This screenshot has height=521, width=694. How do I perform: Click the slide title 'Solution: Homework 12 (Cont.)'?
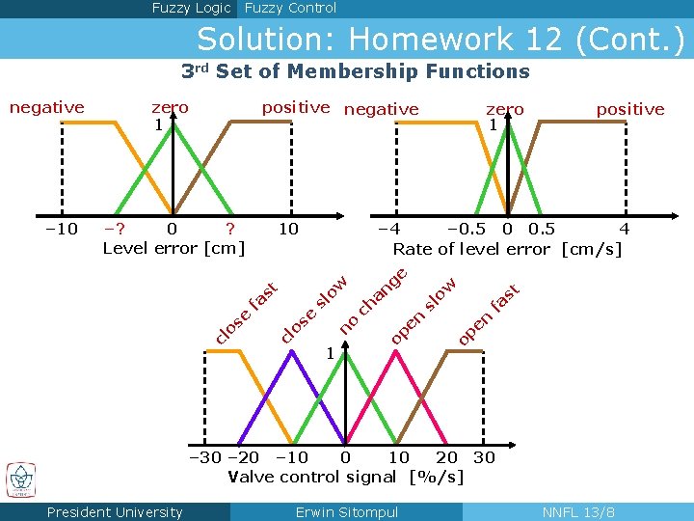[x=440, y=40]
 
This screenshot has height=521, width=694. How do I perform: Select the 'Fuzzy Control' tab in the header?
[x=290, y=9]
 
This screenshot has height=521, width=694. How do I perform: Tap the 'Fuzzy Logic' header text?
[x=191, y=9]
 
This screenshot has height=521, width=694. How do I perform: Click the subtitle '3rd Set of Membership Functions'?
[x=356, y=71]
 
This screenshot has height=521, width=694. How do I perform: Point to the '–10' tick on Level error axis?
[x=61, y=229]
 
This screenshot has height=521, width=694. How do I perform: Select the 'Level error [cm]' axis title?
[x=173, y=248]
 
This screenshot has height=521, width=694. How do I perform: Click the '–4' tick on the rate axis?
[x=388, y=229]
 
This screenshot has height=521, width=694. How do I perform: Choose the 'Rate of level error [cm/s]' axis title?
[x=507, y=249]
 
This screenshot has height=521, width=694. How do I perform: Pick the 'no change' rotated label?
[x=375, y=299]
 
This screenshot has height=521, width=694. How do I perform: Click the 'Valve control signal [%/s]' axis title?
[x=345, y=476]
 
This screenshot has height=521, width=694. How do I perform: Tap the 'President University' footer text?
[x=115, y=512]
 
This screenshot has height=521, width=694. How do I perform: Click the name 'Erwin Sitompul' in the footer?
[x=347, y=512]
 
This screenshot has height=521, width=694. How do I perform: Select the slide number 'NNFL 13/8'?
[x=578, y=512]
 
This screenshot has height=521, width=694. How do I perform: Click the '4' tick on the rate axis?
[x=624, y=229]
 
